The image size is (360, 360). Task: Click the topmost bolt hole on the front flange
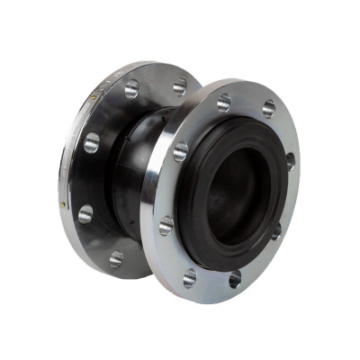pos(223,103)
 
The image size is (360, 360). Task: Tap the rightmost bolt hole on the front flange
pos(290,161)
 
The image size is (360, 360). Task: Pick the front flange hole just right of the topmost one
pos(268,110)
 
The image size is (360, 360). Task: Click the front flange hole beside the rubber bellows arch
pos(180,150)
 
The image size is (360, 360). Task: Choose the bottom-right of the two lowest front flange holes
pos(235,280)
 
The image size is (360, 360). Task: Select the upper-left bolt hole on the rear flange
pos(131,89)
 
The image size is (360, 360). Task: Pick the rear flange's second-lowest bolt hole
pos(85,214)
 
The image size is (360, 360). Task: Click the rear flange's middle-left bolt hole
pos(92,142)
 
